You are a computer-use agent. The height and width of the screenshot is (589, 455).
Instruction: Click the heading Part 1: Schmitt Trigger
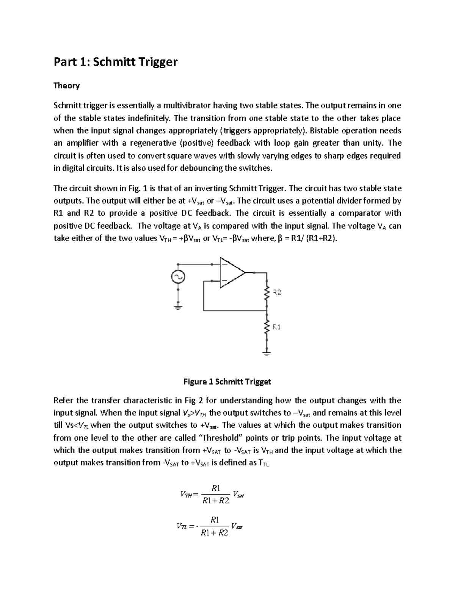pyautogui.click(x=115, y=62)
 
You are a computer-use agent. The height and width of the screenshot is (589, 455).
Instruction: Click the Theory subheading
pyautogui.click(x=66, y=86)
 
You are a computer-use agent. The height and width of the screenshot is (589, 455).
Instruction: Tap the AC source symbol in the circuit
pyautogui.click(x=177, y=277)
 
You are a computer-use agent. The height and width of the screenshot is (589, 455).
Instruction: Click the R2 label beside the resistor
pyautogui.click(x=278, y=292)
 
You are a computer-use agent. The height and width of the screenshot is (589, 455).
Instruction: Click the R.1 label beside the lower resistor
pyautogui.click(x=276, y=327)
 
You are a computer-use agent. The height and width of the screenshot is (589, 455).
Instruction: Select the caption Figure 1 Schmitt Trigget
pyautogui.click(x=227, y=382)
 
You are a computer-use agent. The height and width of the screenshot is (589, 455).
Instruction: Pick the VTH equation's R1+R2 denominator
pyautogui.click(x=215, y=501)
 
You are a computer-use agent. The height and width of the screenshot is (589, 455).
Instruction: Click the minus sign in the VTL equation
pyautogui.click(x=198, y=527)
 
